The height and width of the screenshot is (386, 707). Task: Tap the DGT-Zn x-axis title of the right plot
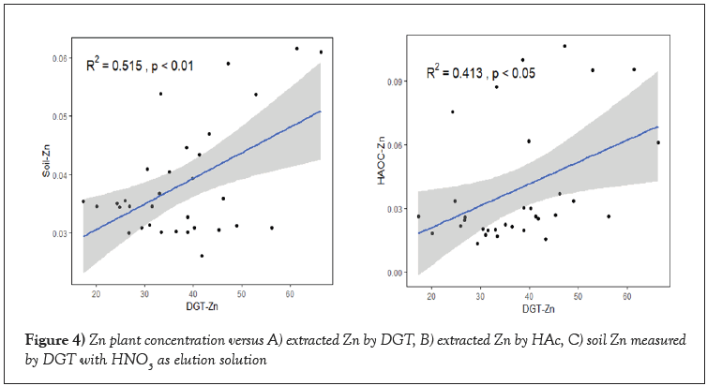[x=536, y=308]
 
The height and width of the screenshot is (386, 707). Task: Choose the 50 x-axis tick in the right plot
[x=578, y=296]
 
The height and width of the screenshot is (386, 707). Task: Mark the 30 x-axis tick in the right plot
[x=480, y=296]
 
